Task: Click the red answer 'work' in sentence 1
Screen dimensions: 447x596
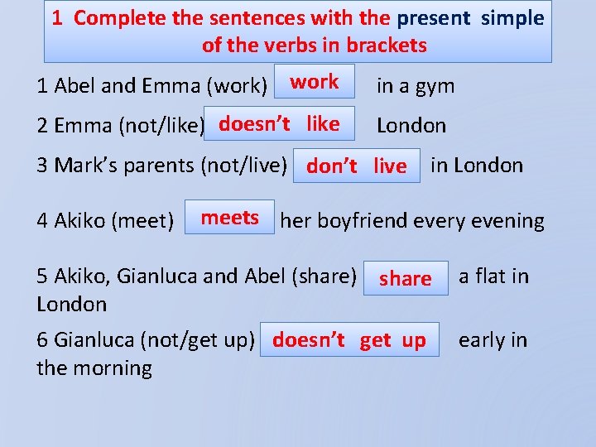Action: (x=314, y=81)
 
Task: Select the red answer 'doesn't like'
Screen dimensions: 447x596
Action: (x=279, y=123)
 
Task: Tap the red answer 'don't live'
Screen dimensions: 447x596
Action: (x=356, y=166)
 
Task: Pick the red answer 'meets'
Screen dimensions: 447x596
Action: (x=229, y=218)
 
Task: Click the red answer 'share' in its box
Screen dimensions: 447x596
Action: (x=405, y=278)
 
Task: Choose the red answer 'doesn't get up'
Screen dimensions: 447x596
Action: (x=348, y=339)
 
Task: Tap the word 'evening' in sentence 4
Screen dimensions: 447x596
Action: (x=509, y=221)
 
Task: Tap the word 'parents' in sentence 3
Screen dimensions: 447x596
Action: (x=156, y=166)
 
